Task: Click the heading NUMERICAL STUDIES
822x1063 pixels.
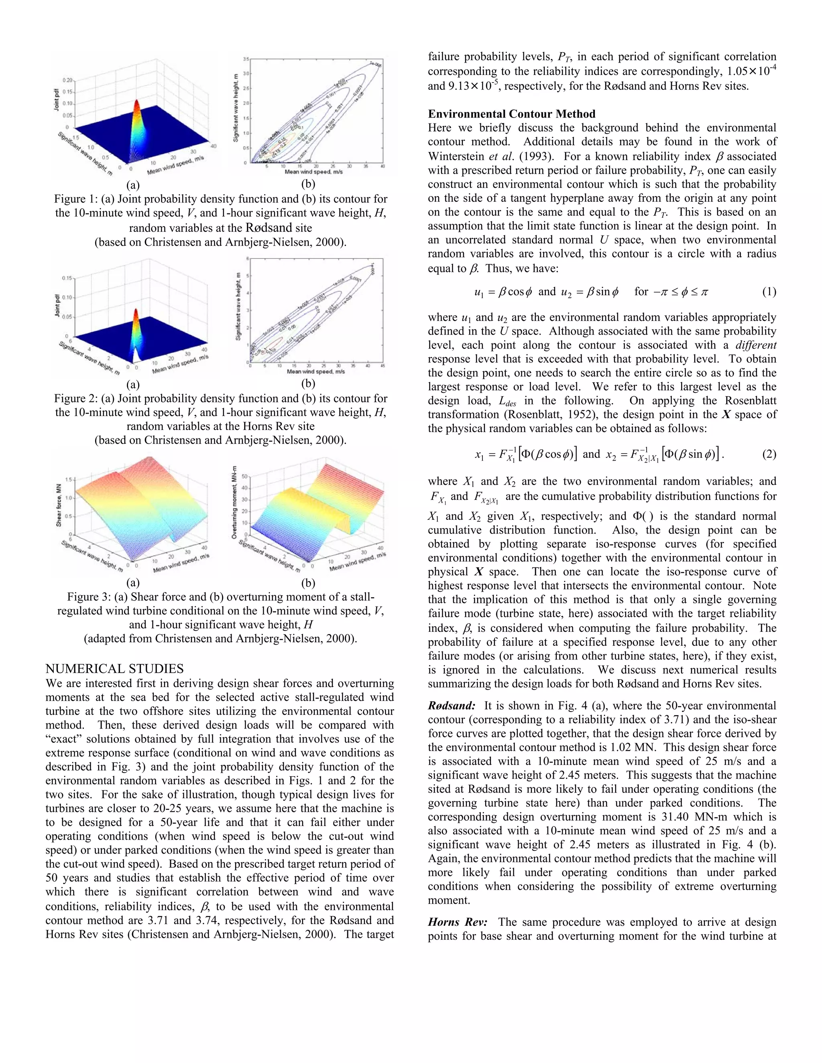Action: (114, 668)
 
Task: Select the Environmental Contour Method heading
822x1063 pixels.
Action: (511, 114)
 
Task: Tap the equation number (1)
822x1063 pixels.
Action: (769, 292)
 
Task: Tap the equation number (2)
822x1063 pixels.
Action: (769, 454)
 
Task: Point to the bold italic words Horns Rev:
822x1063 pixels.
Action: (457, 922)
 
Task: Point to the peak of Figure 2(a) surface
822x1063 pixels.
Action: (136, 310)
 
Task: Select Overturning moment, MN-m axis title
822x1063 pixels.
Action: (234, 501)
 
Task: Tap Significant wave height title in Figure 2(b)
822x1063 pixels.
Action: (238, 306)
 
